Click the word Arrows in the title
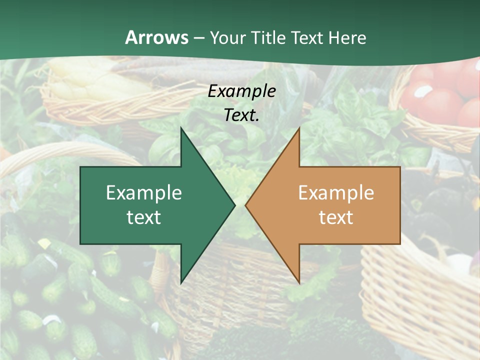coord(156,37)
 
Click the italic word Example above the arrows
coord(242,91)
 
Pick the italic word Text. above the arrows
coord(242,115)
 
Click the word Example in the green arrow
coord(144,192)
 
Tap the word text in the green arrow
coord(144,217)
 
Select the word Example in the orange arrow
coord(336,192)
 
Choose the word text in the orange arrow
coord(336,217)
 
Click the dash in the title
coord(198,38)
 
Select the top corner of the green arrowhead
coord(181,128)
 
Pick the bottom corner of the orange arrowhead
coord(299,282)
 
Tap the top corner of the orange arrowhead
coord(299,128)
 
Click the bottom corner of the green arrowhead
coord(181,282)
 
